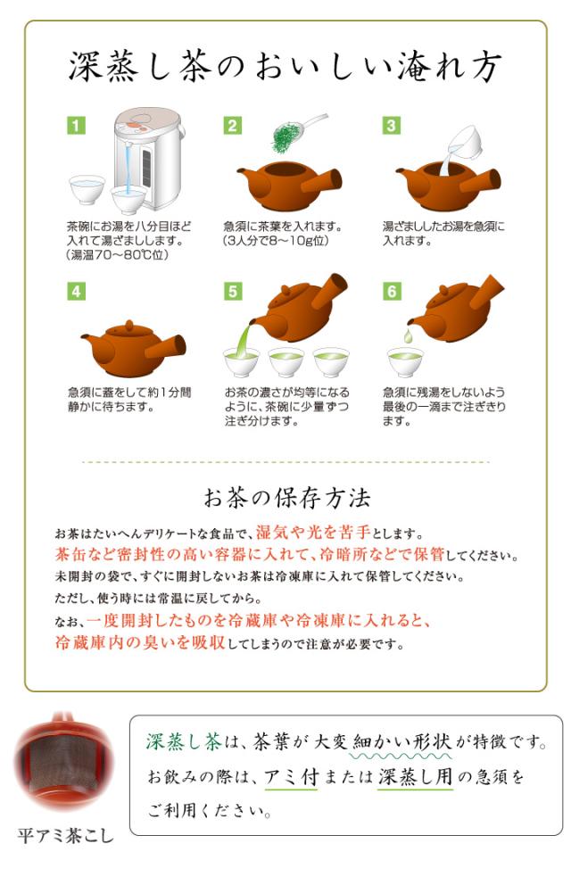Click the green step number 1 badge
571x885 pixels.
click(76, 125)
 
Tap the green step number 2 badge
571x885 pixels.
click(233, 125)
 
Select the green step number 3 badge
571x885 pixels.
click(392, 125)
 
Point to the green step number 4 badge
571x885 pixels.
click(76, 291)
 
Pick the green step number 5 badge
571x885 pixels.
click(233, 291)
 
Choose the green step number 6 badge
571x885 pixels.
click(392, 291)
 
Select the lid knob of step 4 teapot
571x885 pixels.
click(129, 325)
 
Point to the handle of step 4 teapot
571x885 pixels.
click(166, 346)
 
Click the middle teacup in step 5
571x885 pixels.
click(286, 362)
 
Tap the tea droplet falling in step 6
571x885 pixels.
click(408, 336)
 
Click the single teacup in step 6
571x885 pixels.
click(405, 362)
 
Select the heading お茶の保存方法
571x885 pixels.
click(287, 499)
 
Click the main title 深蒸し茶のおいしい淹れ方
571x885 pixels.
click(285, 68)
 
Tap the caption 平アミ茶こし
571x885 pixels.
click(65, 835)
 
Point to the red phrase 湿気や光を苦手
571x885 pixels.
click(314, 532)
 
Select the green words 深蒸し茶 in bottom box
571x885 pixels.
click(184, 741)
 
